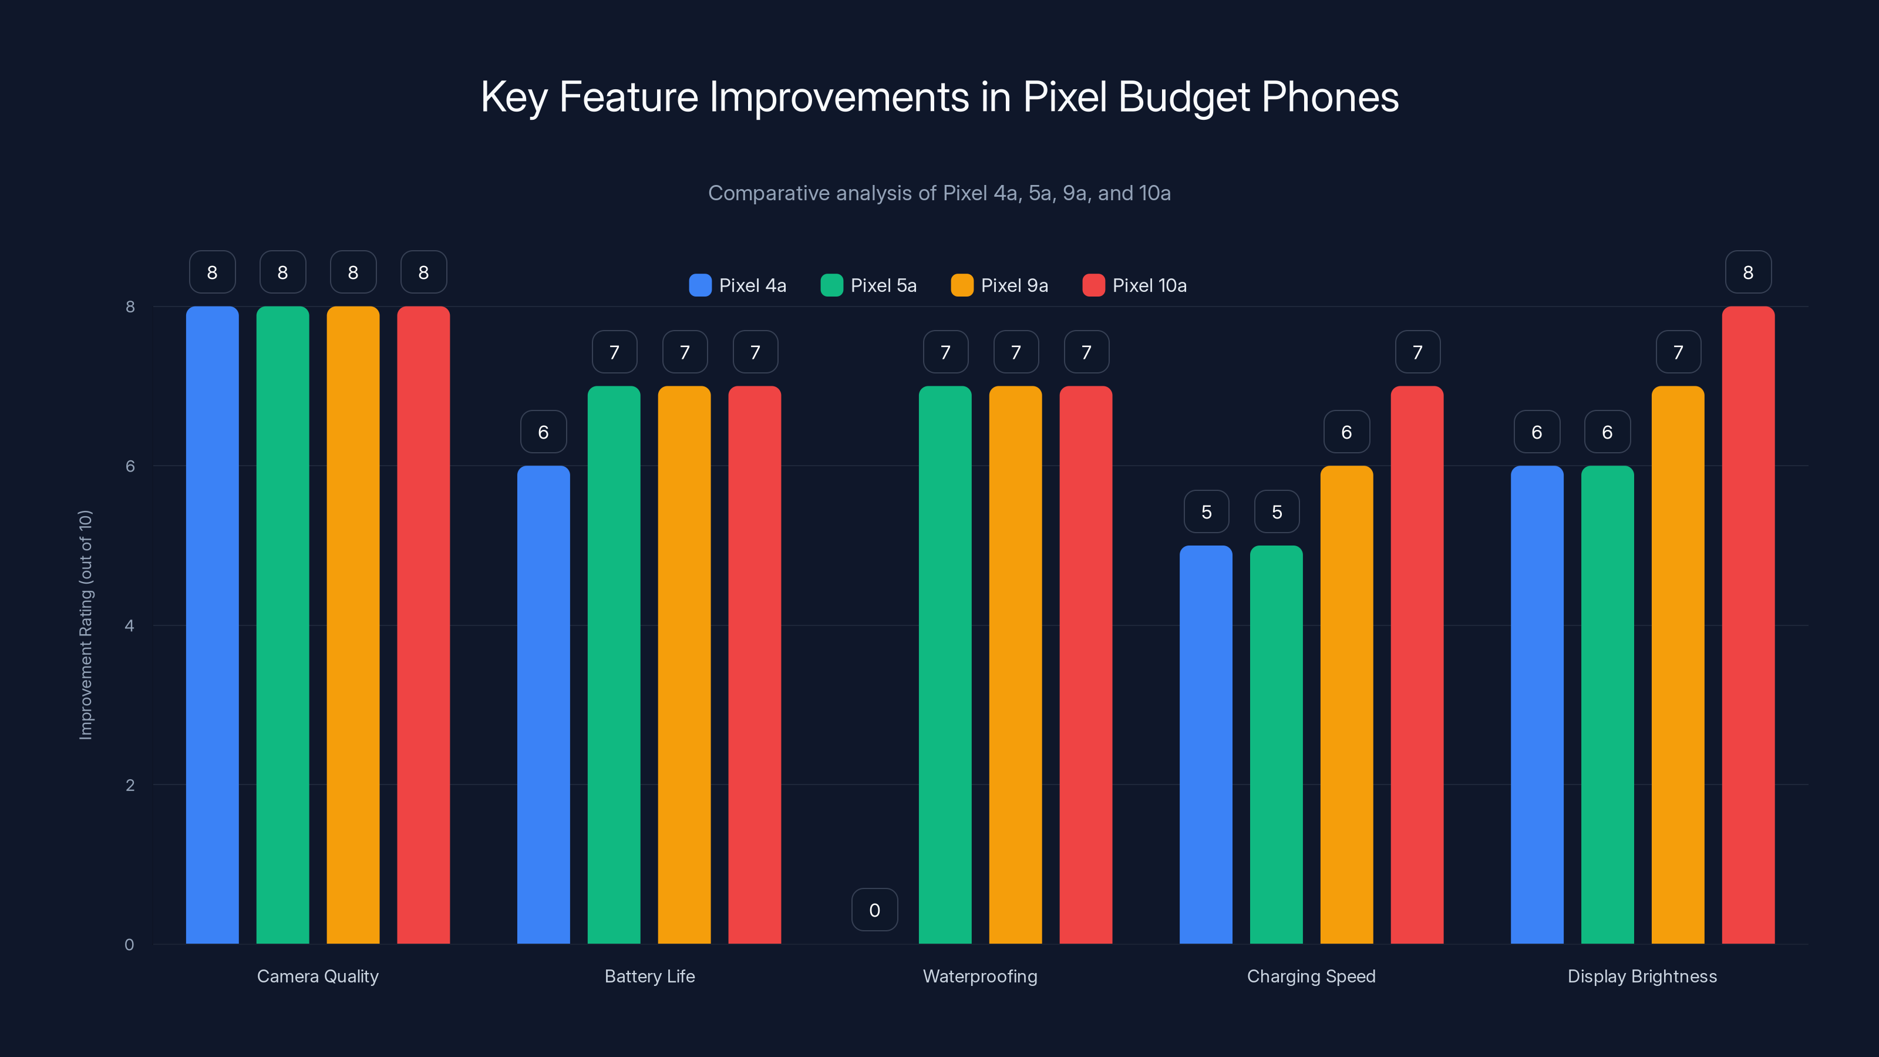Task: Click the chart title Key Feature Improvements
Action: [x=939, y=97]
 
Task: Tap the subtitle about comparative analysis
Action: [x=939, y=193]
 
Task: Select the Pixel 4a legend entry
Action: [x=738, y=285]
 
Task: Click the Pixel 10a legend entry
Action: [x=1135, y=285]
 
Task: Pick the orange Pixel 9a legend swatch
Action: [x=962, y=285]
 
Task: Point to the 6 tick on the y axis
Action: [x=130, y=466]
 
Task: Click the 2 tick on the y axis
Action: [x=130, y=785]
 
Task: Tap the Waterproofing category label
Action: [x=979, y=976]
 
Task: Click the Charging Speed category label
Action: [x=1311, y=976]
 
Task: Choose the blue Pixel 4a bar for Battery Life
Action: [x=543, y=704]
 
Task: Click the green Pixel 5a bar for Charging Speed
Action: [x=1276, y=744]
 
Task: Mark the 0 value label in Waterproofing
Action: [x=874, y=910]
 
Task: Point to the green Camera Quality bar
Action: [x=282, y=625]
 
